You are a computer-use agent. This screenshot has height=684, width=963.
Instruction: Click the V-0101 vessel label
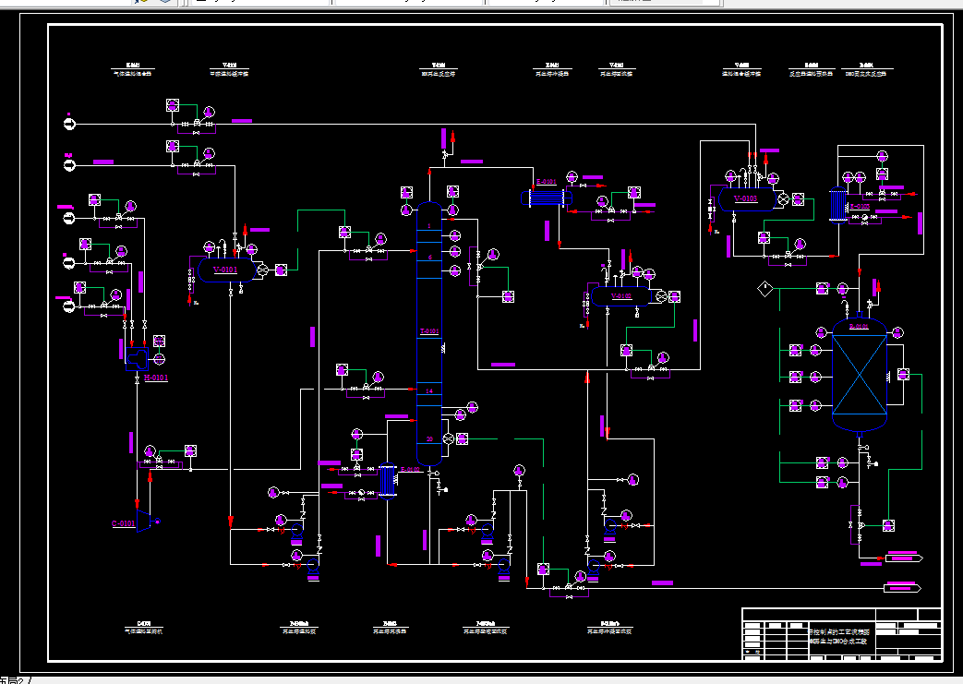coord(224,270)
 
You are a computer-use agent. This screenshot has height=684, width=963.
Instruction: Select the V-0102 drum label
coord(621,296)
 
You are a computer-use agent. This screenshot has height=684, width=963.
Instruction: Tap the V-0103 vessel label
coord(745,198)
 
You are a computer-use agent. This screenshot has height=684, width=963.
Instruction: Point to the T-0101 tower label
coord(428,330)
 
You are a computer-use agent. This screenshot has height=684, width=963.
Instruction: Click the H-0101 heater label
coord(156,378)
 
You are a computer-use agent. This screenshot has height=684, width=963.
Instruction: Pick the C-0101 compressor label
coord(124,523)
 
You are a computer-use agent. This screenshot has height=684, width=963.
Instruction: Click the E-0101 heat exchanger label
coord(546,182)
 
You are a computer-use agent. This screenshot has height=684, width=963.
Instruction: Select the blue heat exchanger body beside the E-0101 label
coord(547,198)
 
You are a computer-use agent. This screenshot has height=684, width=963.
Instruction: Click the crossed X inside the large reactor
coord(860,372)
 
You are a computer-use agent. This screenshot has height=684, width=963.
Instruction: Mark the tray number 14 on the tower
coord(428,391)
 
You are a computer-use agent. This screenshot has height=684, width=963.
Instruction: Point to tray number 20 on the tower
coord(428,438)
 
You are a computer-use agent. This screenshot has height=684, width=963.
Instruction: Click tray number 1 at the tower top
coord(428,226)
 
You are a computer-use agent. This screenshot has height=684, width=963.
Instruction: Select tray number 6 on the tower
coord(429,258)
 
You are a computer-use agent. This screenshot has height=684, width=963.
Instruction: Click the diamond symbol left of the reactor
coord(764,289)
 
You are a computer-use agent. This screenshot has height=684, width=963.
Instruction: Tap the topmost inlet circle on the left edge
coord(69,122)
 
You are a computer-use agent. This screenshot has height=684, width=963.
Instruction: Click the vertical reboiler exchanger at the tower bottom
coord(383,481)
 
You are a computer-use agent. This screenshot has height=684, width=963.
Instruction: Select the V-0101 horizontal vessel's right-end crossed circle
coord(261,270)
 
